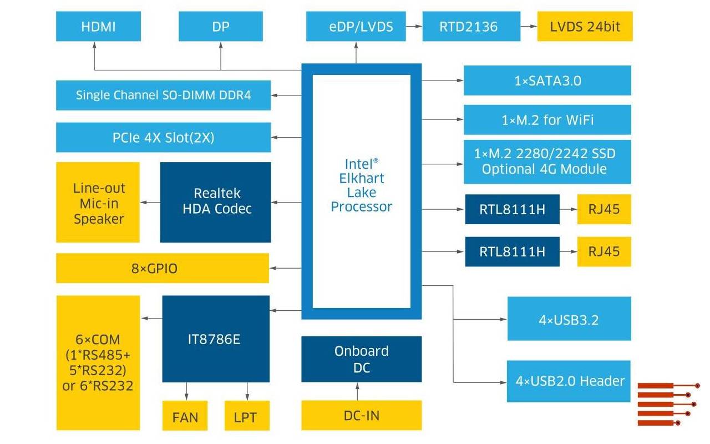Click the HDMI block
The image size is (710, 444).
point(98,27)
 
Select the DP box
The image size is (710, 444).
point(220,27)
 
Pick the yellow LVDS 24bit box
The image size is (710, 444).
point(585,27)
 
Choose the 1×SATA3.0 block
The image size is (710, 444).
point(547,80)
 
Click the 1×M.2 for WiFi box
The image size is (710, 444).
point(547,119)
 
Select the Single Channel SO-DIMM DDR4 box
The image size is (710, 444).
point(163,95)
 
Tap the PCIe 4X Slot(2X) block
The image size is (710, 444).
point(163,138)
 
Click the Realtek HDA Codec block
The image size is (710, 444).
point(215,202)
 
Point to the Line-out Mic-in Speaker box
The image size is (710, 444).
point(98,202)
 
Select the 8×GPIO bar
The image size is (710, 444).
point(162,268)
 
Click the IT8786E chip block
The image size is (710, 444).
point(215,339)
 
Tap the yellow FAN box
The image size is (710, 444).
point(185,416)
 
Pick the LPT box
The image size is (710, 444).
point(247,416)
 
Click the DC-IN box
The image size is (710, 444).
point(361,415)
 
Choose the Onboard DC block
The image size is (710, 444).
point(361,359)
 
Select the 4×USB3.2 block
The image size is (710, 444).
point(569,319)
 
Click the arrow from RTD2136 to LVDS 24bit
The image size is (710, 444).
point(529,27)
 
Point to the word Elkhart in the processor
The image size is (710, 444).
point(361,178)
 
